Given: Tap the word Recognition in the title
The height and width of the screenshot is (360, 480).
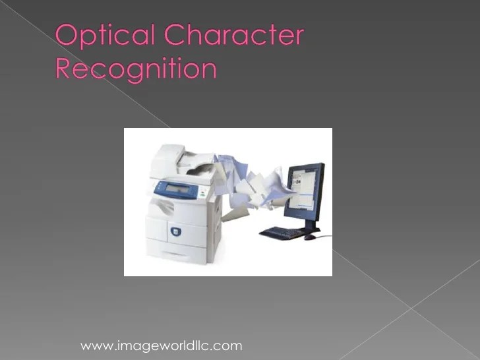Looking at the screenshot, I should tap(136, 68).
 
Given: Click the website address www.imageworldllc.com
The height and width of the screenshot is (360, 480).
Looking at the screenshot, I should tap(161, 345).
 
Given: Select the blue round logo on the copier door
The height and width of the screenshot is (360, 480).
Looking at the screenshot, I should tap(175, 231).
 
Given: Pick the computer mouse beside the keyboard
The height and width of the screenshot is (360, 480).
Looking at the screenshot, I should tap(309, 236).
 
